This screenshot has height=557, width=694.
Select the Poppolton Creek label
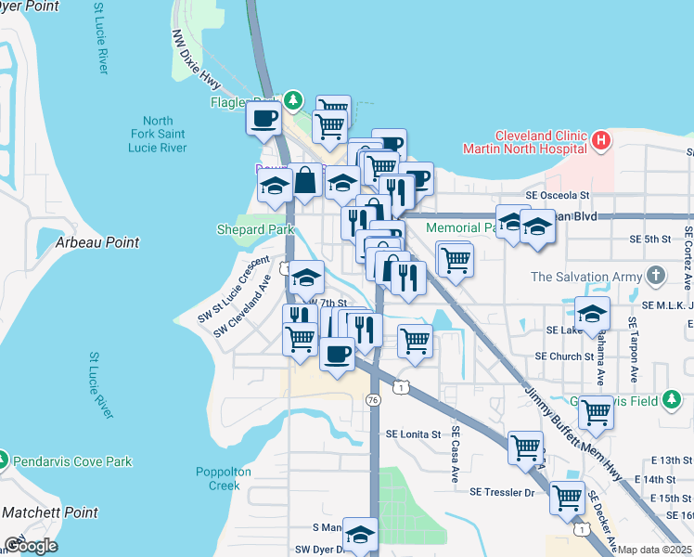pos(224,478)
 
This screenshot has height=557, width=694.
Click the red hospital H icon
pos(601,142)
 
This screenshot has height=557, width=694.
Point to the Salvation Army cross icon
pos(656,276)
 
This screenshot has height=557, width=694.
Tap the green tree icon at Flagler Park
pos(293,99)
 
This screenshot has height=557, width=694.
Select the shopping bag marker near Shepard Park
pos(305,181)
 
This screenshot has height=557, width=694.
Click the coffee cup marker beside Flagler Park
pos(263,118)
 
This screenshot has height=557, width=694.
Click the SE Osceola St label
pos(557,196)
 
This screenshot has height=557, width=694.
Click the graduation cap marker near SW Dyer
pos(360,534)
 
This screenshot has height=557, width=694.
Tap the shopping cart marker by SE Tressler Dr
pos(567,497)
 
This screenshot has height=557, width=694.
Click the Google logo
pos(31,545)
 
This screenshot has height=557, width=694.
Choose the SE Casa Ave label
pos(456,454)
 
